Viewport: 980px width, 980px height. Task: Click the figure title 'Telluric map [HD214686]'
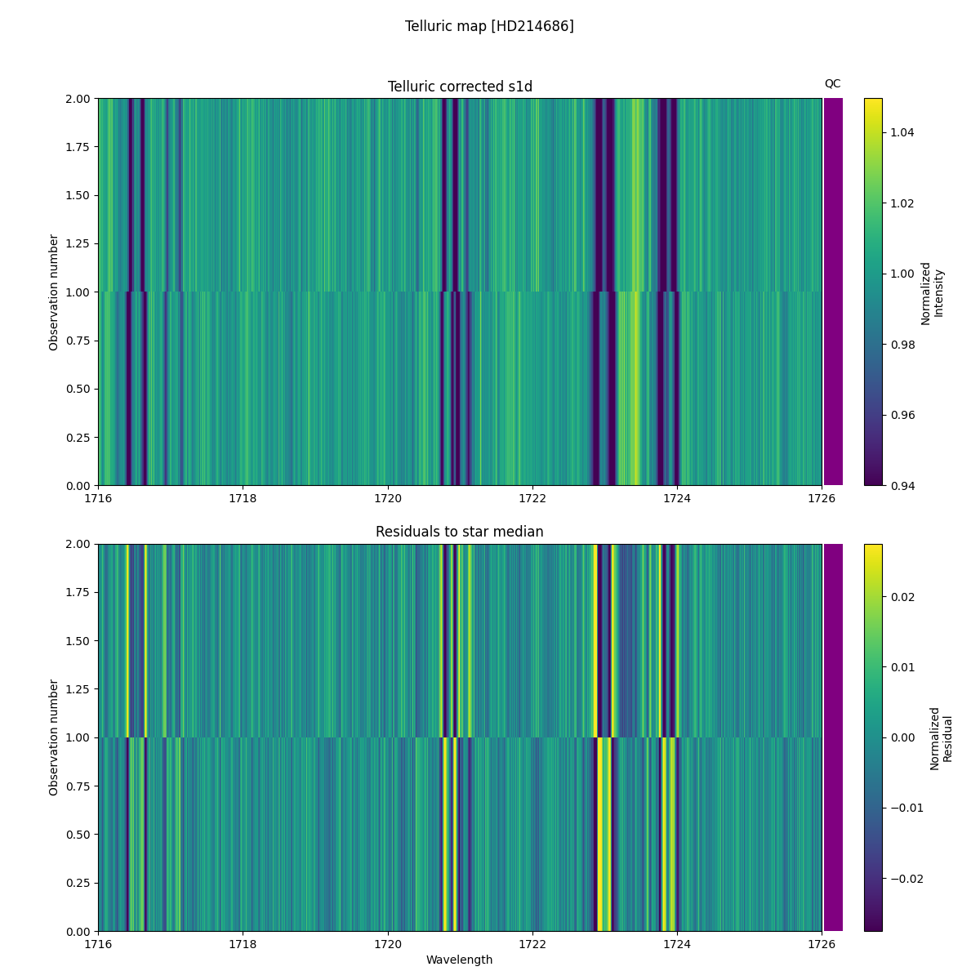pyautogui.click(x=489, y=26)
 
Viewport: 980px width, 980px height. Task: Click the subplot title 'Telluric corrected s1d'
pyautogui.click(x=460, y=87)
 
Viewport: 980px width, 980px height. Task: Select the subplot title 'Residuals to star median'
pyautogui.click(x=460, y=532)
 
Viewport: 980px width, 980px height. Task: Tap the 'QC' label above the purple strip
pyautogui.click(x=832, y=83)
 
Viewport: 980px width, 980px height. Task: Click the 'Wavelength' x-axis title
pyautogui.click(x=459, y=960)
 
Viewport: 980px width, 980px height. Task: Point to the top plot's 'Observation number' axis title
pyautogui.click(x=54, y=292)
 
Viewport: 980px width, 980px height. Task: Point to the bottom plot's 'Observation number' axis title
pyautogui.click(x=54, y=737)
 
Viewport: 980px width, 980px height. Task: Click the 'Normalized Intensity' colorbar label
pyautogui.click(x=932, y=292)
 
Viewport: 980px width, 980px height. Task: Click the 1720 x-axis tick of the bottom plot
pyautogui.click(x=387, y=944)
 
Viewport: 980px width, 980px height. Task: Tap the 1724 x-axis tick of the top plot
pyautogui.click(x=676, y=498)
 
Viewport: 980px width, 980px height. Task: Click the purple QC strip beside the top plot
pyautogui.click(x=833, y=292)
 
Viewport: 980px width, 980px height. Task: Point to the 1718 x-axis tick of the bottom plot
pyautogui.click(x=243, y=944)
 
